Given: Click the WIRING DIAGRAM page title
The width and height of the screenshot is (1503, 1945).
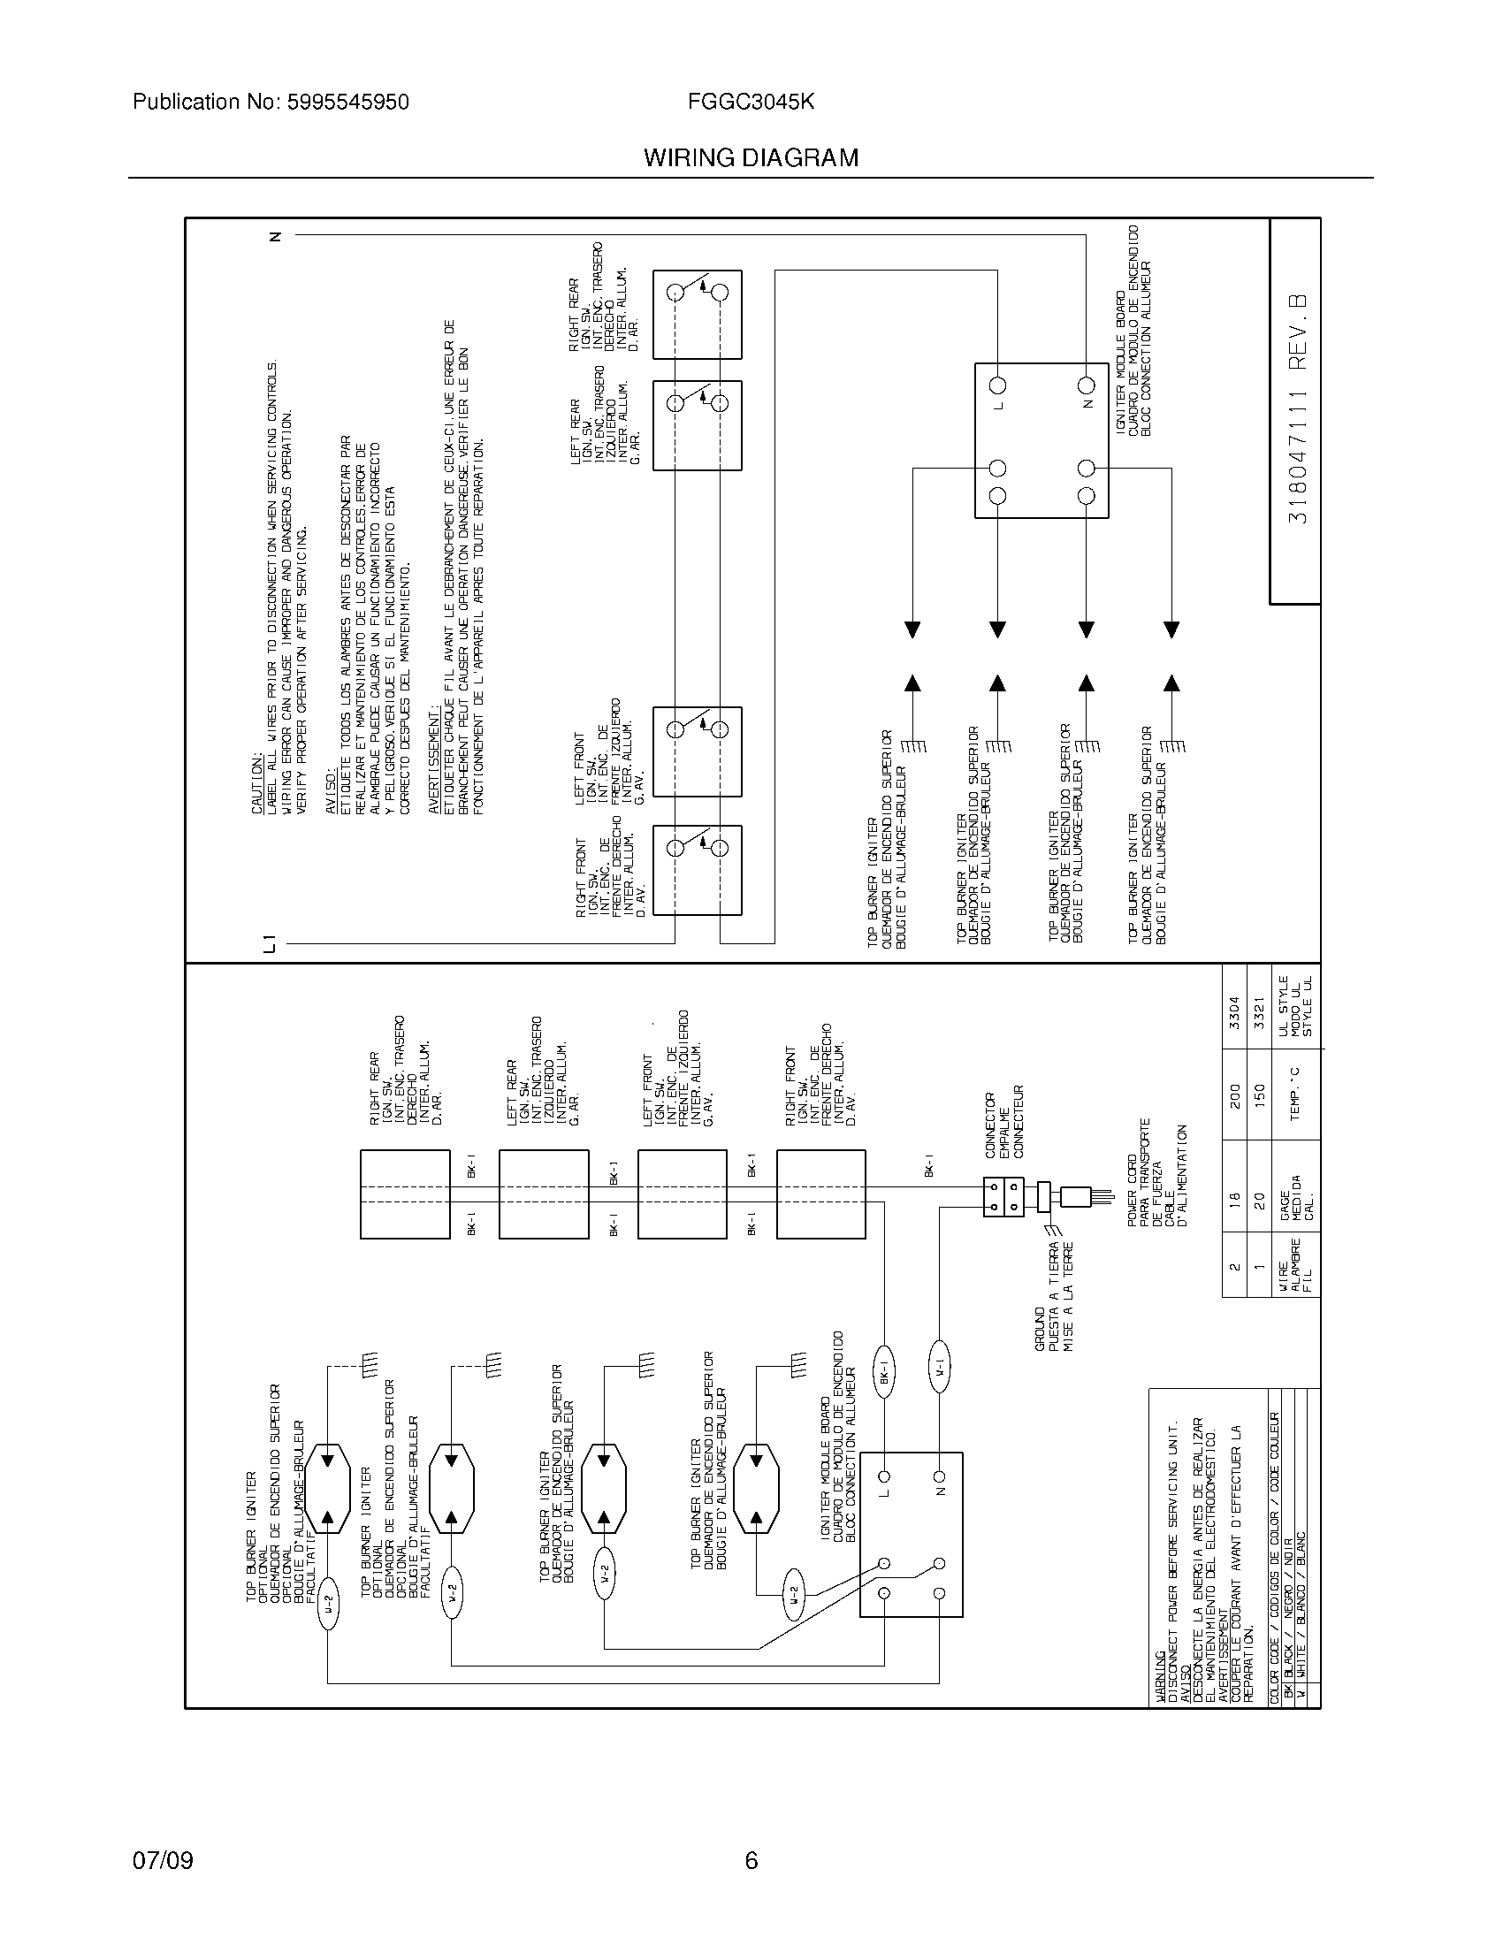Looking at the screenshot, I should click(751, 157).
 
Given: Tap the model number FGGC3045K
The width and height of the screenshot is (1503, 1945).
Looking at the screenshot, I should click(751, 103).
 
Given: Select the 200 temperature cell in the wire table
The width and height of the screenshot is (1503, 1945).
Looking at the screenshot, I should click(1233, 1099).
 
